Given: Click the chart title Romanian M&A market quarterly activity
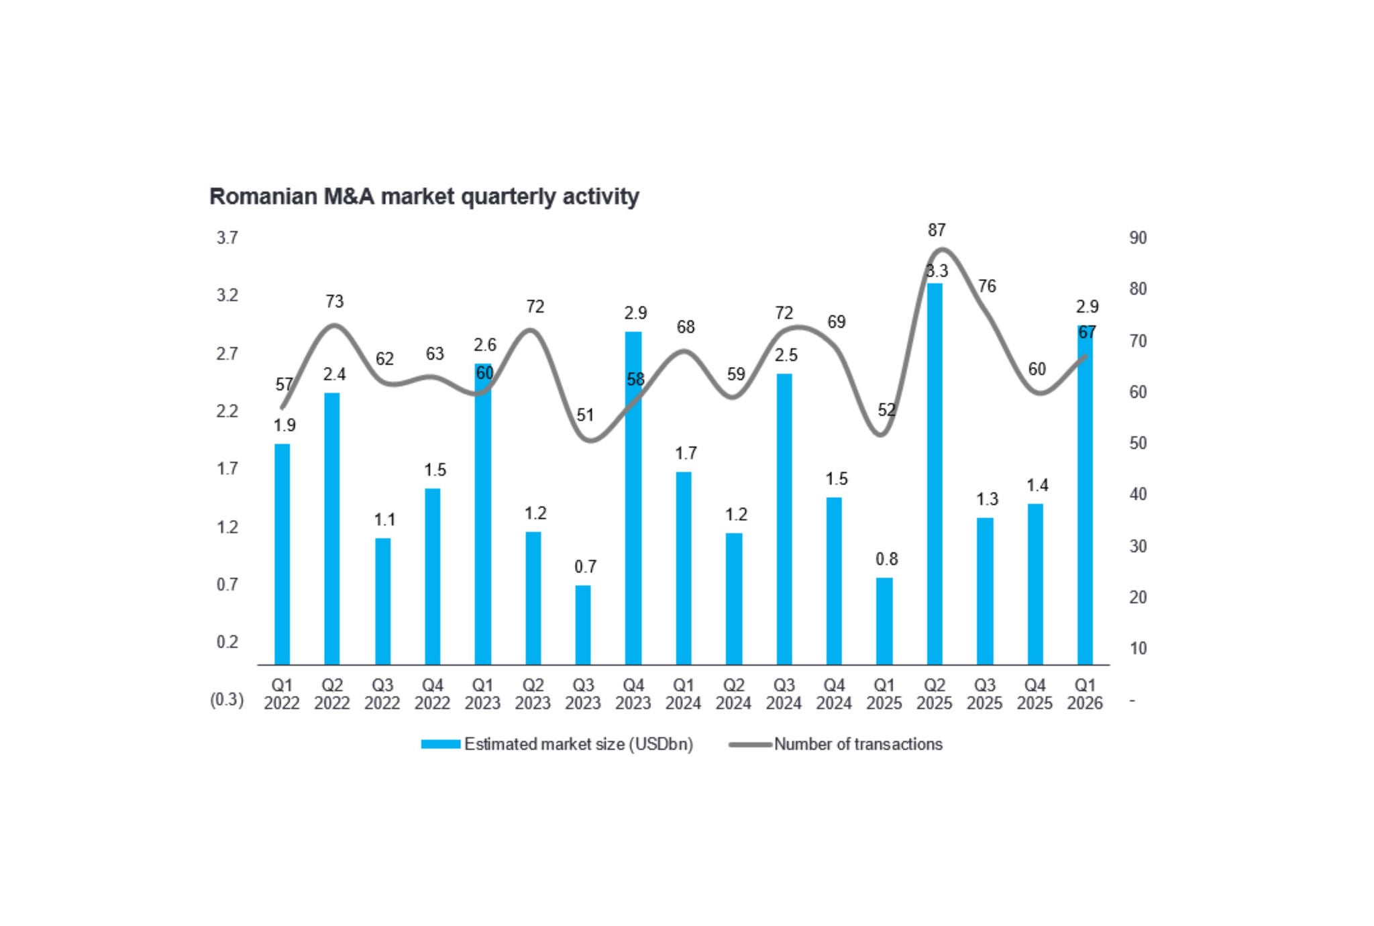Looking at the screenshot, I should tap(424, 197).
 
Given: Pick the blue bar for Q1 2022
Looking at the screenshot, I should tap(282, 554).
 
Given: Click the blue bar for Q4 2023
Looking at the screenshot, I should tap(633, 498).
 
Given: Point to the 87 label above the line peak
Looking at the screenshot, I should tap(937, 230).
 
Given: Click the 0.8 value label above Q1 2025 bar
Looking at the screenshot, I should tap(886, 559).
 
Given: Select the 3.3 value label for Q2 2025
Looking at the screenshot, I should tap(937, 271).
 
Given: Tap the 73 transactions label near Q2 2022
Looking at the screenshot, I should tap(334, 302).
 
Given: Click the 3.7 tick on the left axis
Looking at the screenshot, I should tap(227, 238).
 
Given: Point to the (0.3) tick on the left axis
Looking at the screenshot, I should tap(227, 700).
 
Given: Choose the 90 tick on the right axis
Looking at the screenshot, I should tap(1138, 238).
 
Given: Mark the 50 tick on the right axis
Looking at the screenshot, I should tap(1138, 443).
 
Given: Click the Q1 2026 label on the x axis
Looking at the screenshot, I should tap(1085, 694).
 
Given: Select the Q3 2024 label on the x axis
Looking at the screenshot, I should tap(784, 694).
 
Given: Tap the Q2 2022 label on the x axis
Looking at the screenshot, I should tap(332, 694).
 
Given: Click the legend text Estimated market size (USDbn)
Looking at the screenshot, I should tap(578, 744).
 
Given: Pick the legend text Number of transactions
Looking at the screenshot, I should tap(858, 744).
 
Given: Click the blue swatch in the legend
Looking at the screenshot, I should tap(441, 744).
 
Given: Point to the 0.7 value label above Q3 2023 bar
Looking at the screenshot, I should tap(585, 567).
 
